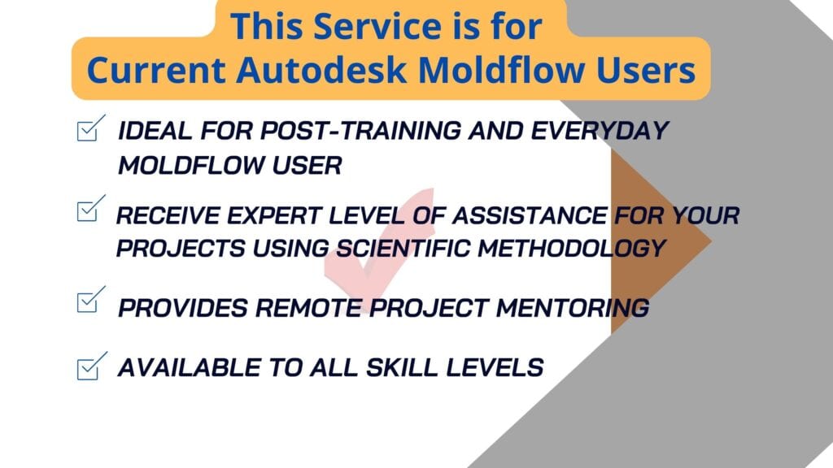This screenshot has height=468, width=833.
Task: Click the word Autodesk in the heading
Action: (x=321, y=70)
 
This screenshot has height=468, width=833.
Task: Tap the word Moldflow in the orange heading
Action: (x=501, y=70)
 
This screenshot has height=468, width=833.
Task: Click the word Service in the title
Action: (x=377, y=26)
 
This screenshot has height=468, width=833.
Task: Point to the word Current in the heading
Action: (x=155, y=70)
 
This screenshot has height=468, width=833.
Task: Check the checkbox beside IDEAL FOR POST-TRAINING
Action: (x=91, y=128)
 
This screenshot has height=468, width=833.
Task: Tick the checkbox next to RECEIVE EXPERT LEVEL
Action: (x=91, y=209)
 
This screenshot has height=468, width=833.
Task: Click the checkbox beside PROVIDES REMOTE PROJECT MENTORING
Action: (x=91, y=300)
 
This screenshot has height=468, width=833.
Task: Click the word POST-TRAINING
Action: (x=360, y=131)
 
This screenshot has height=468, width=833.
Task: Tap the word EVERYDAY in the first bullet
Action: (x=600, y=131)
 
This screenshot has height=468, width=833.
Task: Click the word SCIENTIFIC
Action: (x=403, y=249)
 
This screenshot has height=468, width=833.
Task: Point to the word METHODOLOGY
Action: (x=572, y=249)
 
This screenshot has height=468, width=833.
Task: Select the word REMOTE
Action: (x=308, y=308)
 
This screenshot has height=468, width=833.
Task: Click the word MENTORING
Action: (x=572, y=308)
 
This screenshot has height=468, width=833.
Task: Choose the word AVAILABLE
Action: (x=189, y=368)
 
